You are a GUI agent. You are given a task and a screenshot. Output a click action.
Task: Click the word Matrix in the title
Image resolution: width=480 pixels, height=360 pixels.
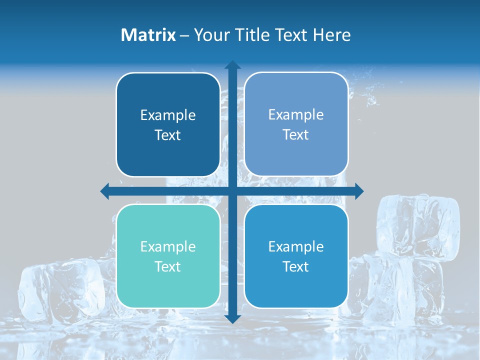(x=148, y=35)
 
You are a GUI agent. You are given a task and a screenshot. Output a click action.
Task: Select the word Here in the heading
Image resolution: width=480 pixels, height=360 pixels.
(x=331, y=35)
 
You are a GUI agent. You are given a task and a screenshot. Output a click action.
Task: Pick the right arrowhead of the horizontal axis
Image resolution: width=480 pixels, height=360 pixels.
(x=358, y=191)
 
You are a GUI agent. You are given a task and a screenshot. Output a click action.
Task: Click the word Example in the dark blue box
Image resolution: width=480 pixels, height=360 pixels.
(x=168, y=115)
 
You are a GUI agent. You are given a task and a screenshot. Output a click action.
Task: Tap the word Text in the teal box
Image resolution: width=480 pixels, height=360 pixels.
(x=168, y=266)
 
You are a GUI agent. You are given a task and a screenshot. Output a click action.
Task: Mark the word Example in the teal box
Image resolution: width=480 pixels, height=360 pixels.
(x=168, y=246)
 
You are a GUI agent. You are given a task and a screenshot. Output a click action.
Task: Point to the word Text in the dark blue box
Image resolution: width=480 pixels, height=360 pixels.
(x=168, y=135)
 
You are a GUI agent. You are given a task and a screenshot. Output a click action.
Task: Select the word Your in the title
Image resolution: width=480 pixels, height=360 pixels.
(x=209, y=35)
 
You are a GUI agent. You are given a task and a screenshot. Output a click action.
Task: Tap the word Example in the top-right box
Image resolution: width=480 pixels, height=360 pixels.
(x=296, y=115)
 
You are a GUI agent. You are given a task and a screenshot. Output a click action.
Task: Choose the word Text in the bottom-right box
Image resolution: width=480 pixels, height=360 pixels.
(x=296, y=266)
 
